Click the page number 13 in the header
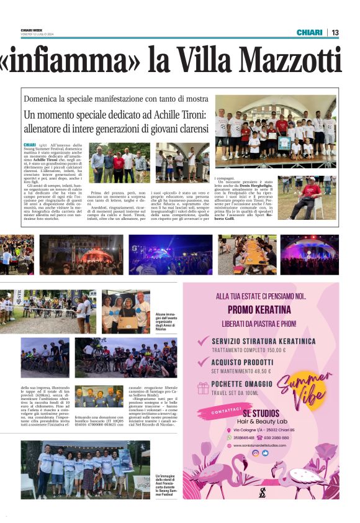tap(335, 32)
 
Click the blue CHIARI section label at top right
tap(309, 32)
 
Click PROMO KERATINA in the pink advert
tap(259, 309)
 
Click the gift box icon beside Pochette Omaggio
tap(203, 388)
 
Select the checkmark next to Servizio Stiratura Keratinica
tap(202, 341)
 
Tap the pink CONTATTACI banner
tap(228, 412)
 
